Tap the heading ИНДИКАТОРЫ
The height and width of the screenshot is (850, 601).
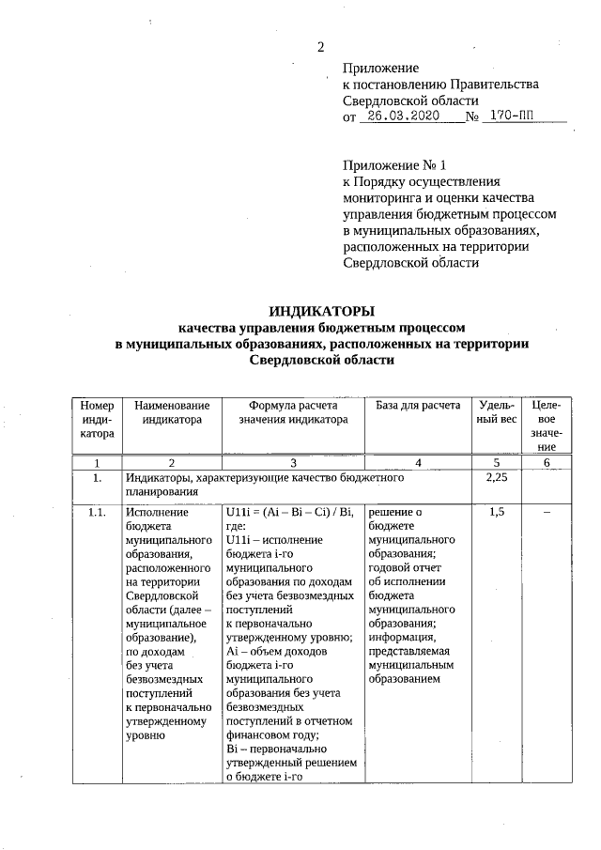click(322, 311)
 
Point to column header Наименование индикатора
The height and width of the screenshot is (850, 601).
click(172, 412)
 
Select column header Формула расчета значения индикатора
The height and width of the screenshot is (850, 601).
click(292, 412)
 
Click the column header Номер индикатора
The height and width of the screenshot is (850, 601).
click(97, 419)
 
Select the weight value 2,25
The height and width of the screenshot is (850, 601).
click(497, 479)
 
